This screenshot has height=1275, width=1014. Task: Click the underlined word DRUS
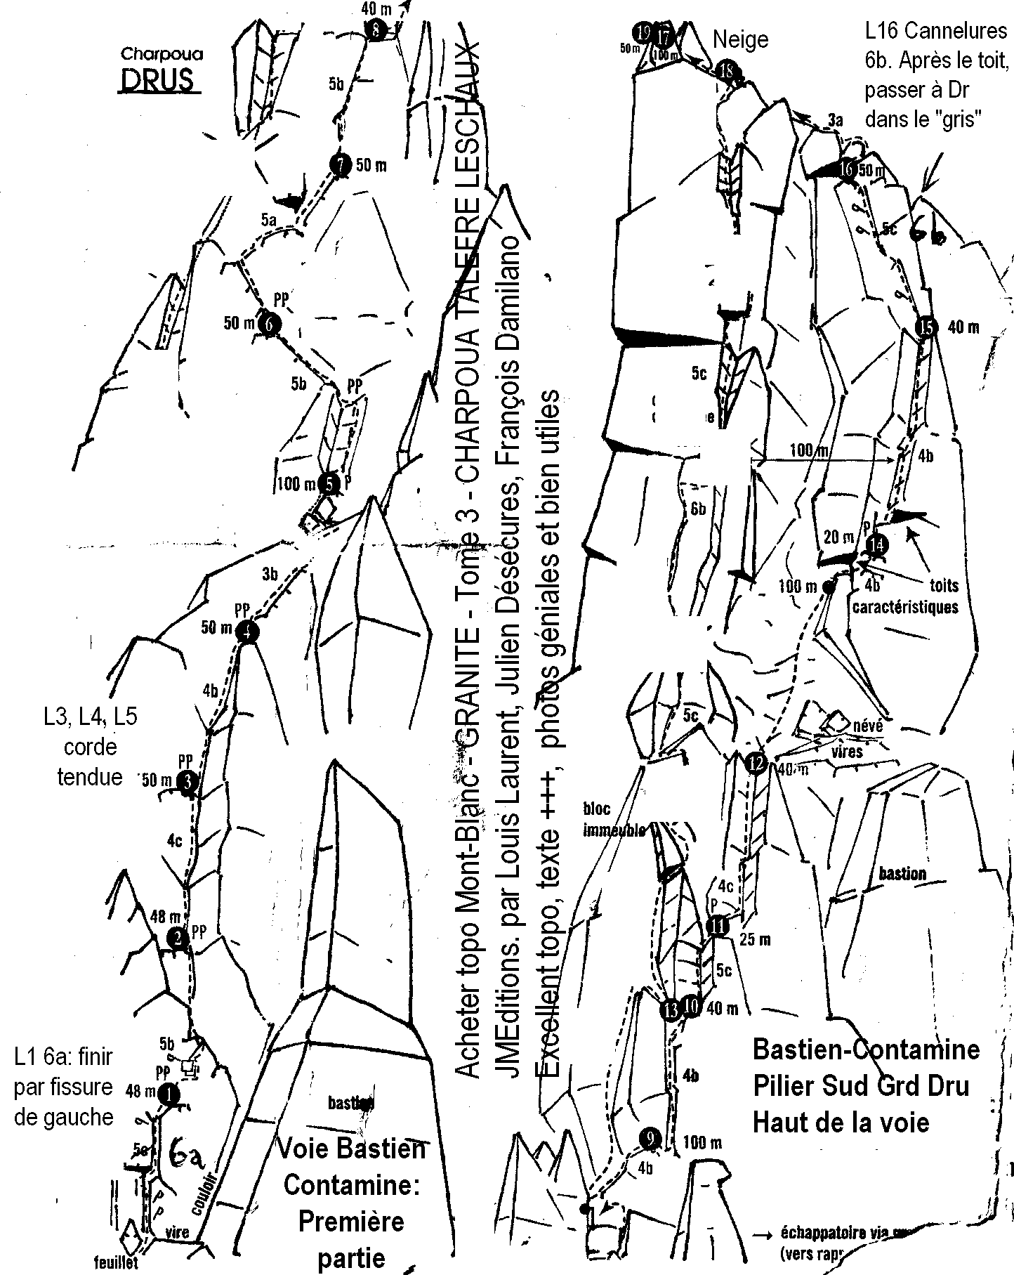[x=157, y=81]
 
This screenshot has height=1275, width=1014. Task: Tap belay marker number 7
[x=340, y=166]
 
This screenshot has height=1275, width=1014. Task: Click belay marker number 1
[x=169, y=1093]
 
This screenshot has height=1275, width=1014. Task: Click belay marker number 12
[x=755, y=763]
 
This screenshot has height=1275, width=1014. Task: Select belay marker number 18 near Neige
[x=727, y=70]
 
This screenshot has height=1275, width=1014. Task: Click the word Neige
[x=741, y=40]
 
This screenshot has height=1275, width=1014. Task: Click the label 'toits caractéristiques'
[x=906, y=597]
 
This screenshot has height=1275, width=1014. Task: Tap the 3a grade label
[x=834, y=121]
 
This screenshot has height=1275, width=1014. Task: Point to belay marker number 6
[x=268, y=324]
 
